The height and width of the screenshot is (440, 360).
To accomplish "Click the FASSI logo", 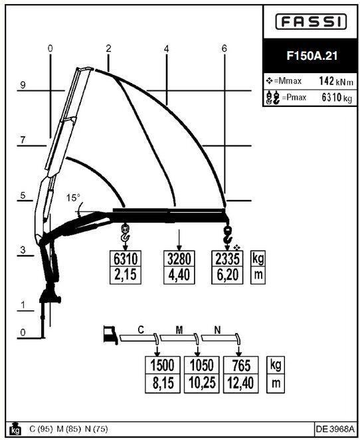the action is point(311,22).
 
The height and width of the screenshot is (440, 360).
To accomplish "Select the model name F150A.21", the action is point(312,56).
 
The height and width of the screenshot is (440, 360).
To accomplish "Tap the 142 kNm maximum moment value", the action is point(336,81).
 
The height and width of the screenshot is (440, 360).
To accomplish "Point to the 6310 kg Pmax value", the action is point(337,98).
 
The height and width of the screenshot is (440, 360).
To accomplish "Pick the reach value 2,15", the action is point(126,275).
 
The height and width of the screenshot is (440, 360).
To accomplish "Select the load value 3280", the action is point(179,259).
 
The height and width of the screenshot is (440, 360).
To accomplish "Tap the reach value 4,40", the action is point(179,275).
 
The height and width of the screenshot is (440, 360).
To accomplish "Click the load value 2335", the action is point(227,259).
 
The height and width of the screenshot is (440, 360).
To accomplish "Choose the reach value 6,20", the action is point(227,275).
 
